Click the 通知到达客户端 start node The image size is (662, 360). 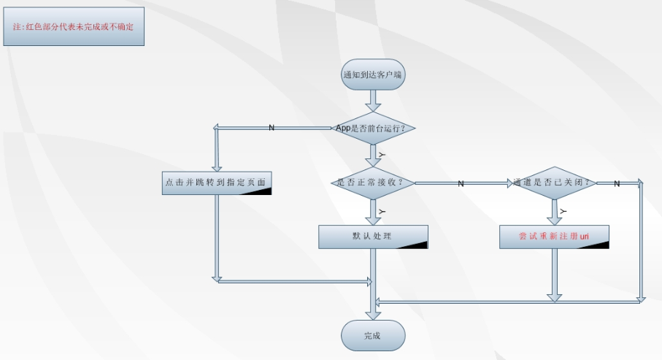pyautogui.click(x=373, y=74)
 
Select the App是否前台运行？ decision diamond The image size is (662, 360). pyautogui.click(x=373, y=128)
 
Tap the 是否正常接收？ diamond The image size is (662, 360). pyautogui.click(x=373, y=183)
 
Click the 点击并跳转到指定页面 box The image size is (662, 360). pyautogui.click(x=217, y=183)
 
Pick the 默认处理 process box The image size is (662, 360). pyautogui.click(x=372, y=237)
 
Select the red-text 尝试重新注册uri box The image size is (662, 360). pyautogui.click(x=554, y=237)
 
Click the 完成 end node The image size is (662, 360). pyautogui.click(x=373, y=335)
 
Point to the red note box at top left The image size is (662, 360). pyautogui.click(x=74, y=26)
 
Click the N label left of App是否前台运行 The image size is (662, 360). pyautogui.click(x=272, y=128)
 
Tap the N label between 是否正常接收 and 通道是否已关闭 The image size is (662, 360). pyautogui.click(x=461, y=183)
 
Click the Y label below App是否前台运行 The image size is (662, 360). pyautogui.click(x=381, y=156)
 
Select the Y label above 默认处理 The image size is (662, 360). pyautogui.click(x=381, y=211)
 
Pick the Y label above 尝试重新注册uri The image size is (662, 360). pyautogui.click(x=563, y=211)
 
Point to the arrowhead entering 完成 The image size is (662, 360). pyautogui.click(x=373, y=313)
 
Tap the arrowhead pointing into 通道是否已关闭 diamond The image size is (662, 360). pyautogui.click(x=510, y=183)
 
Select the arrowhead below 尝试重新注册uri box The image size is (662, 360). pyautogui.click(x=555, y=295)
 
